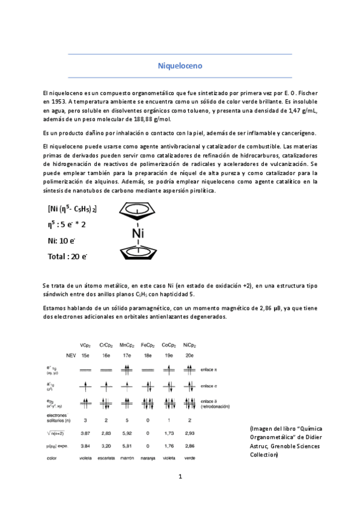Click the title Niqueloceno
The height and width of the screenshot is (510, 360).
180,64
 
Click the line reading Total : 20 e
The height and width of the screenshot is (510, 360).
67,257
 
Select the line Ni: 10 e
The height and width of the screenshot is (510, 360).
61,241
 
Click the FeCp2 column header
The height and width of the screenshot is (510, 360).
147,345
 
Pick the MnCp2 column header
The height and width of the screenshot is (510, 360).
126,345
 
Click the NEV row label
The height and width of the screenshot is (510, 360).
71,356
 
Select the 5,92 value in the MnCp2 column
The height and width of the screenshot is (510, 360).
126,432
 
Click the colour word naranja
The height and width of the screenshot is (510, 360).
147,459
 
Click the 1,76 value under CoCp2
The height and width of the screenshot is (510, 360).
168,446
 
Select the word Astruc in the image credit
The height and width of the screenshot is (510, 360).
260,447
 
